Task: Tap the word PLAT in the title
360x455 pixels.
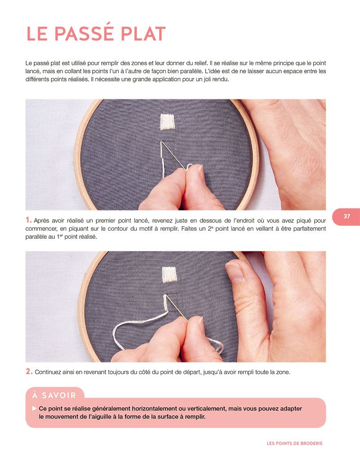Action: (143, 34)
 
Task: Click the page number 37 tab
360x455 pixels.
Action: (346, 216)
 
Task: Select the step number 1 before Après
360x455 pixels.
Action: (28, 220)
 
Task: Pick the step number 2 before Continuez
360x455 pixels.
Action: (29, 371)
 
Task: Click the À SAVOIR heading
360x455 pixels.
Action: (54, 395)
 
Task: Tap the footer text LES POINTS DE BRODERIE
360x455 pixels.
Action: (295, 443)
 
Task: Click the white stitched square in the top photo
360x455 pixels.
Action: (167, 121)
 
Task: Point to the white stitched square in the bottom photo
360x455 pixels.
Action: (169, 275)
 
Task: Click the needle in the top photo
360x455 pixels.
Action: (173, 156)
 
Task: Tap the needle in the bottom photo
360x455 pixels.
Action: (176, 308)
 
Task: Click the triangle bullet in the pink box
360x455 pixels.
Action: (35, 408)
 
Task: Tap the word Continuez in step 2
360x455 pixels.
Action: (48, 372)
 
